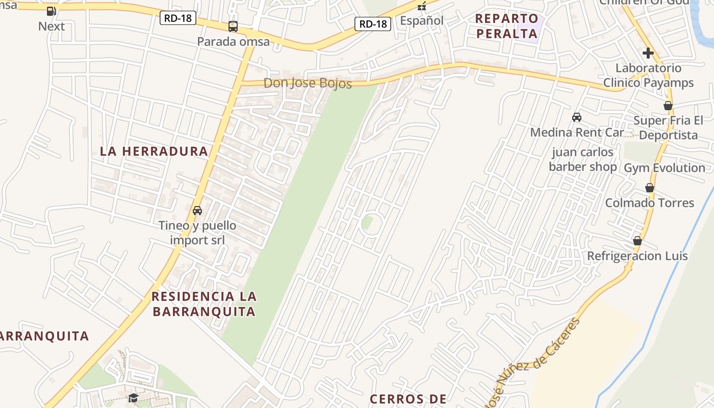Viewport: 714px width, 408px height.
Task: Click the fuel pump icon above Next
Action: tap(51, 11)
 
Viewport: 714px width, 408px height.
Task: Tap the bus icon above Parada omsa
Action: tap(233, 27)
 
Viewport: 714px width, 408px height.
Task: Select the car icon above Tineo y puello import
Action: tap(197, 210)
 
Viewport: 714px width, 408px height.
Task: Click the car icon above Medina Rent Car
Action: tap(577, 117)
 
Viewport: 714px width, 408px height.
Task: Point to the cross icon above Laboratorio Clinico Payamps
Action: tap(648, 53)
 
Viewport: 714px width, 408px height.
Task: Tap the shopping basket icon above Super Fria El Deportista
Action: tap(668, 106)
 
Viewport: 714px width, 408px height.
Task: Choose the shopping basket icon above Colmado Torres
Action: tap(649, 188)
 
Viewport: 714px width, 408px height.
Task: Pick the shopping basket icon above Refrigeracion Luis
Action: tap(637, 241)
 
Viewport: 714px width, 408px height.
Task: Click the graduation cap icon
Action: tap(133, 398)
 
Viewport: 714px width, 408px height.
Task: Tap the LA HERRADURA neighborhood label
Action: tap(154, 151)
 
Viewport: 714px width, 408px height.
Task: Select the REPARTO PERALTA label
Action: tap(507, 26)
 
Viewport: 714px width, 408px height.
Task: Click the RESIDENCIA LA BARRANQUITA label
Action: tap(204, 303)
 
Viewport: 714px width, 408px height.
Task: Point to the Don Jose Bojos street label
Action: tap(308, 83)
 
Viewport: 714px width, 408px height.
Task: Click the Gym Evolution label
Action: tap(665, 168)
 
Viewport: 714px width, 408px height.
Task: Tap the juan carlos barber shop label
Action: tap(582, 159)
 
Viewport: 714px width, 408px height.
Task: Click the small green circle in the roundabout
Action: tap(367, 223)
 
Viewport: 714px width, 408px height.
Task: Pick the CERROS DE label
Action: tap(408, 399)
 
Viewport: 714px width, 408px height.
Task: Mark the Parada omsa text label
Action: tap(234, 41)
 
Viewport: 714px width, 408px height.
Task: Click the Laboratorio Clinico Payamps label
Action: tap(648, 75)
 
